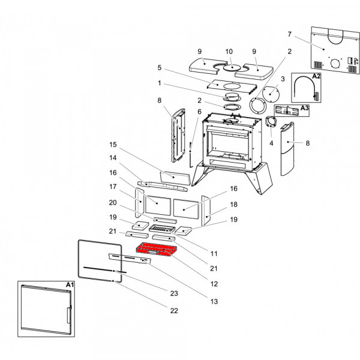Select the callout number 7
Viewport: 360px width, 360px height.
coord(289,34)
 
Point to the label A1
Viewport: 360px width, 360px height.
coord(69,285)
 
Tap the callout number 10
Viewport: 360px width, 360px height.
coord(229,52)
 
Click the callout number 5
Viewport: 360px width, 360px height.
coord(160,67)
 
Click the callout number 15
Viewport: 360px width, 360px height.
coord(112,145)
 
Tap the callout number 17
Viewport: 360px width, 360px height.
coord(112,186)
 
